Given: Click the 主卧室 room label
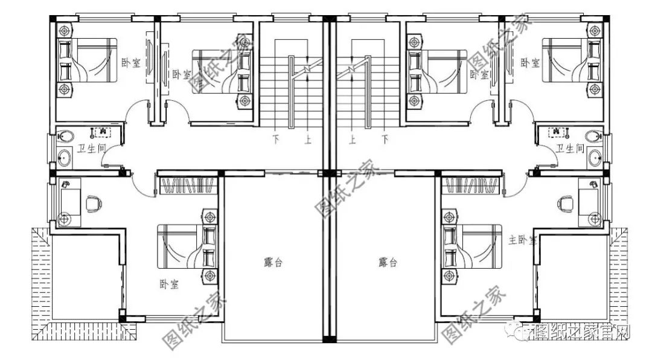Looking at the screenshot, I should click(x=522, y=240).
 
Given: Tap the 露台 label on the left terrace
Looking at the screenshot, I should click(x=273, y=263).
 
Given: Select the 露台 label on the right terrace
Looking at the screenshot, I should click(x=388, y=263).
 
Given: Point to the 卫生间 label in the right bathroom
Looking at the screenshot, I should click(x=570, y=149).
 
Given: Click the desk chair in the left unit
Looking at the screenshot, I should click(x=92, y=204).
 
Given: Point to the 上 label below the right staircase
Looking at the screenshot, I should click(x=351, y=139).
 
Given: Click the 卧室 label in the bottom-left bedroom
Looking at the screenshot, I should click(x=169, y=285).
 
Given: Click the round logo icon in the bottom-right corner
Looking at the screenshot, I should click(x=519, y=331).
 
